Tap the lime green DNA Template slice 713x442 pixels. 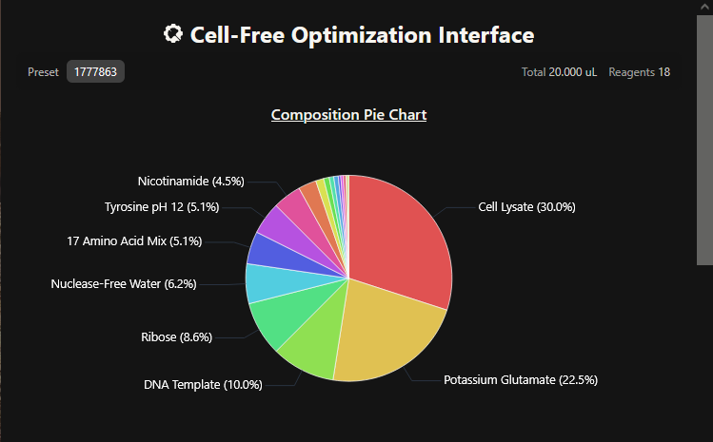click(x=314, y=340)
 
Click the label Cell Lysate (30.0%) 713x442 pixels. click(x=526, y=207)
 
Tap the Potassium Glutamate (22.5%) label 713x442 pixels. click(x=521, y=380)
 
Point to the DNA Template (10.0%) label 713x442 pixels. click(x=203, y=385)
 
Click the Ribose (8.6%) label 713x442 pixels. click(x=176, y=337)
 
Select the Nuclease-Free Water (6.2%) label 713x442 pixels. click(x=124, y=284)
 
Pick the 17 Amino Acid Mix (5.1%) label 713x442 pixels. click(x=134, y=240)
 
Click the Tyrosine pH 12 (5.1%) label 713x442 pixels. click(x=162, y=207)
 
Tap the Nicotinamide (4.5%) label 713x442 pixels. click(x=191, y=182)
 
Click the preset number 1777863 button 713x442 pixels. click(x=95, y=72)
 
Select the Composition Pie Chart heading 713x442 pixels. click(x=348, y=115)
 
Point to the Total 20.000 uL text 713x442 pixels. click(x=559, y=72)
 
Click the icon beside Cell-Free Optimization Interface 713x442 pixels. click(x=173, y=34)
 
